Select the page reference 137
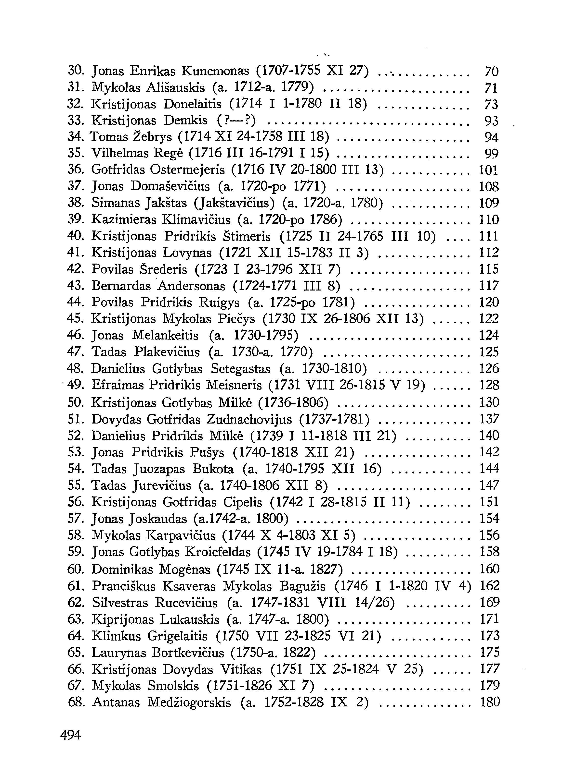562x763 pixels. coord(489,420)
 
